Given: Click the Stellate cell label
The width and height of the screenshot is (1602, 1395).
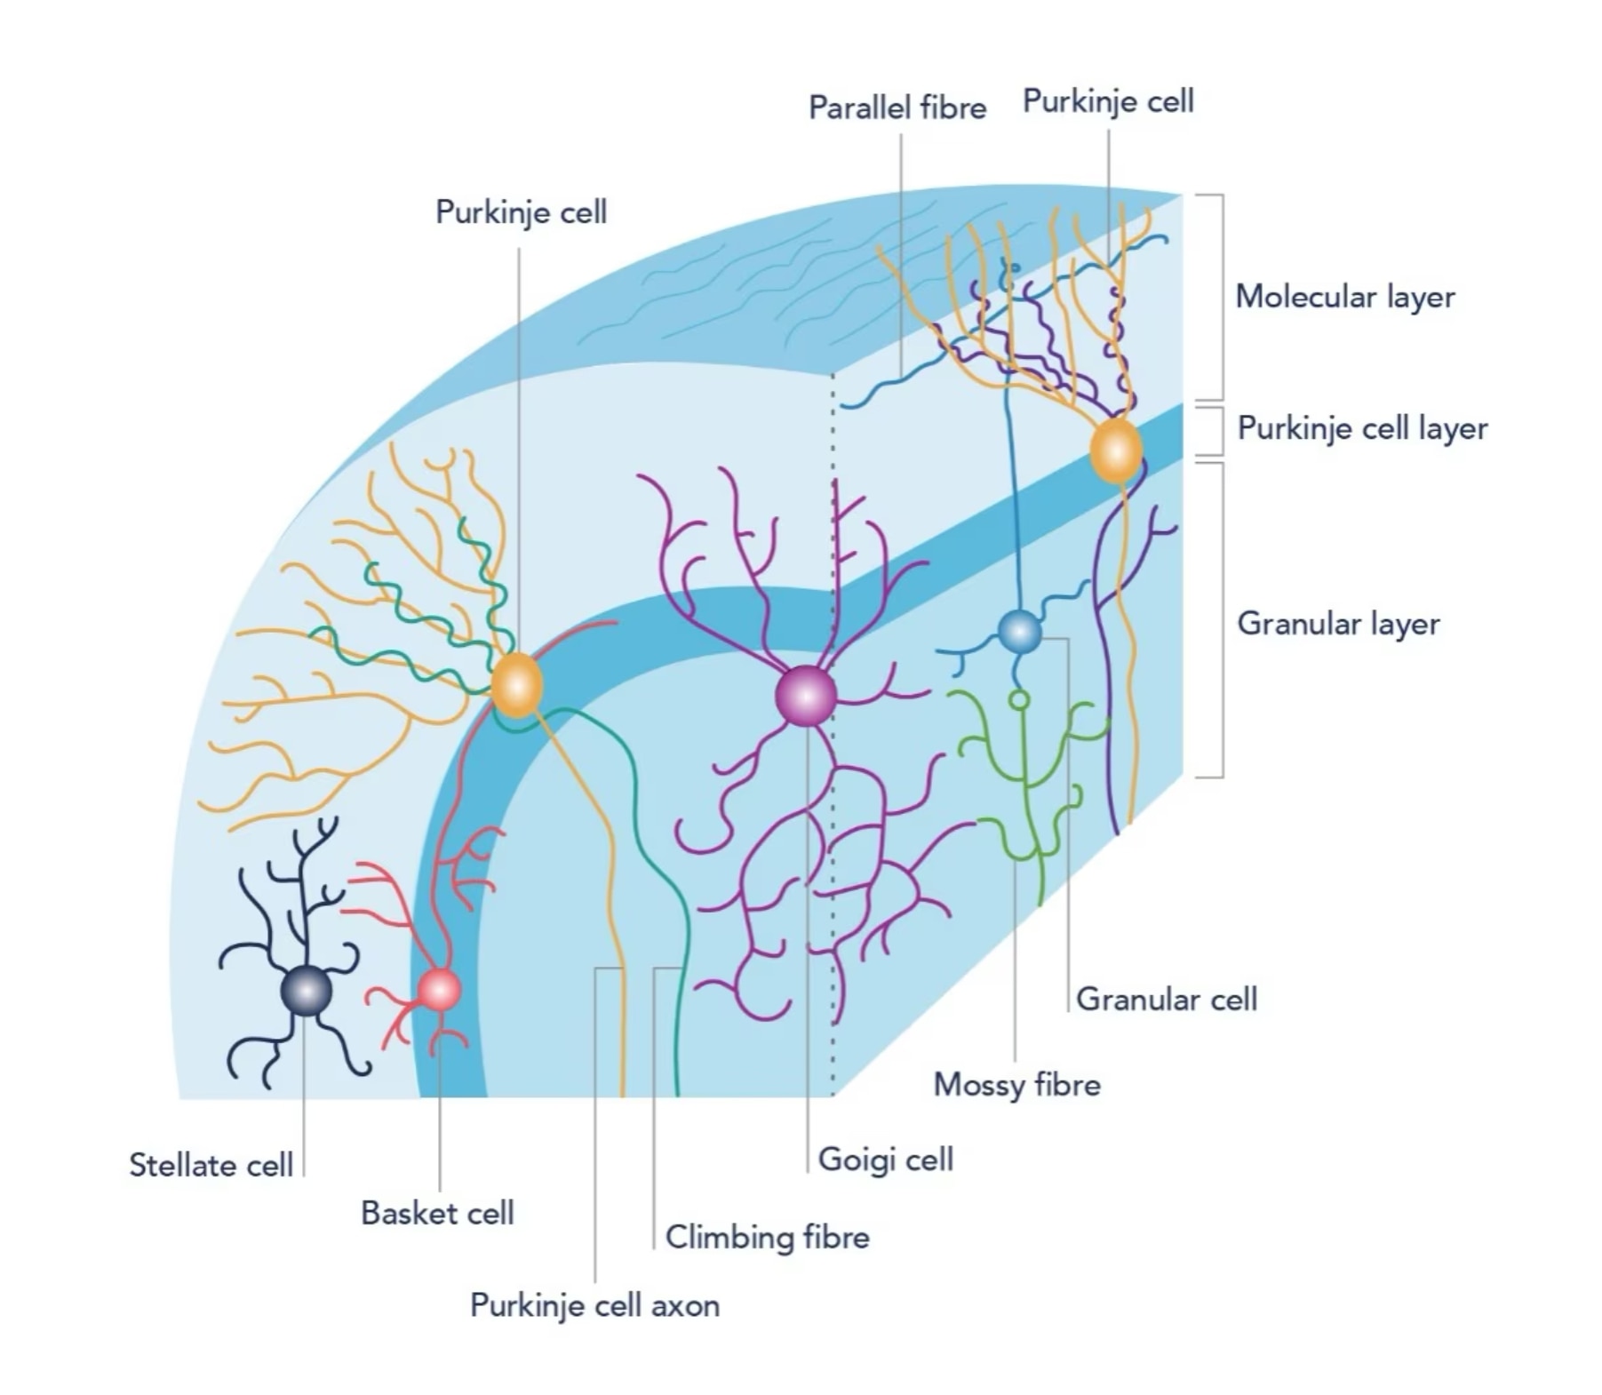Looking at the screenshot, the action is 211,1165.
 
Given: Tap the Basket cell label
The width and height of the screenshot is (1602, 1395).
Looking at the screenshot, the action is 437,1213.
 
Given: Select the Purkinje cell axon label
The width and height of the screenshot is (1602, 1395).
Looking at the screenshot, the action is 594,1306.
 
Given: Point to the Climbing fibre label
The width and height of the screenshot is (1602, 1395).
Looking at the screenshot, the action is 768,1237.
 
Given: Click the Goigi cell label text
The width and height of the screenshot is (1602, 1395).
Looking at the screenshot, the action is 886,1160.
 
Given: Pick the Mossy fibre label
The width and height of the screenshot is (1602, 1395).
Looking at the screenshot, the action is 1016,1085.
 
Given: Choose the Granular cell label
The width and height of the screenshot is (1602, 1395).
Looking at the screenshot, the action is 1167,1000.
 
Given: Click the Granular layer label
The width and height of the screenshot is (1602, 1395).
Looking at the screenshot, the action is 1338,624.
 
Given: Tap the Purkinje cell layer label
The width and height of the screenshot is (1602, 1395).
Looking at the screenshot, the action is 1362,428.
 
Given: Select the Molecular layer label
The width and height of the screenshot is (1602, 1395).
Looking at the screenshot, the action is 1345,297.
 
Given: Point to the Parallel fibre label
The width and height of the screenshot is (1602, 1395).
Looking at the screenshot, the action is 897,108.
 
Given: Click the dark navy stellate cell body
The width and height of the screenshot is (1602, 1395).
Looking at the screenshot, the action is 306,991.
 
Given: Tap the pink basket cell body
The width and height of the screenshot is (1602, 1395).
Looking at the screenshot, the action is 439,990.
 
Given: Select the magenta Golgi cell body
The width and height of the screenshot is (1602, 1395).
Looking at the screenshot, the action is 806,696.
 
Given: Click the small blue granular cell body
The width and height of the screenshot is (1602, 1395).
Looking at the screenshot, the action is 1019,632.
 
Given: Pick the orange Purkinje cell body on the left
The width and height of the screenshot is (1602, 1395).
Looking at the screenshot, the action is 516,685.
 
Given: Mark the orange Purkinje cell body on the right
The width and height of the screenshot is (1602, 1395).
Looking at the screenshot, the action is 1116,451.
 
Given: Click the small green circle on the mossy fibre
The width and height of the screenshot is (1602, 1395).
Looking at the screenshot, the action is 1020,701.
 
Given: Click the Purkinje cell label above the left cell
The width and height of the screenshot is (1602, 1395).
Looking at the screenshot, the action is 521,213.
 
